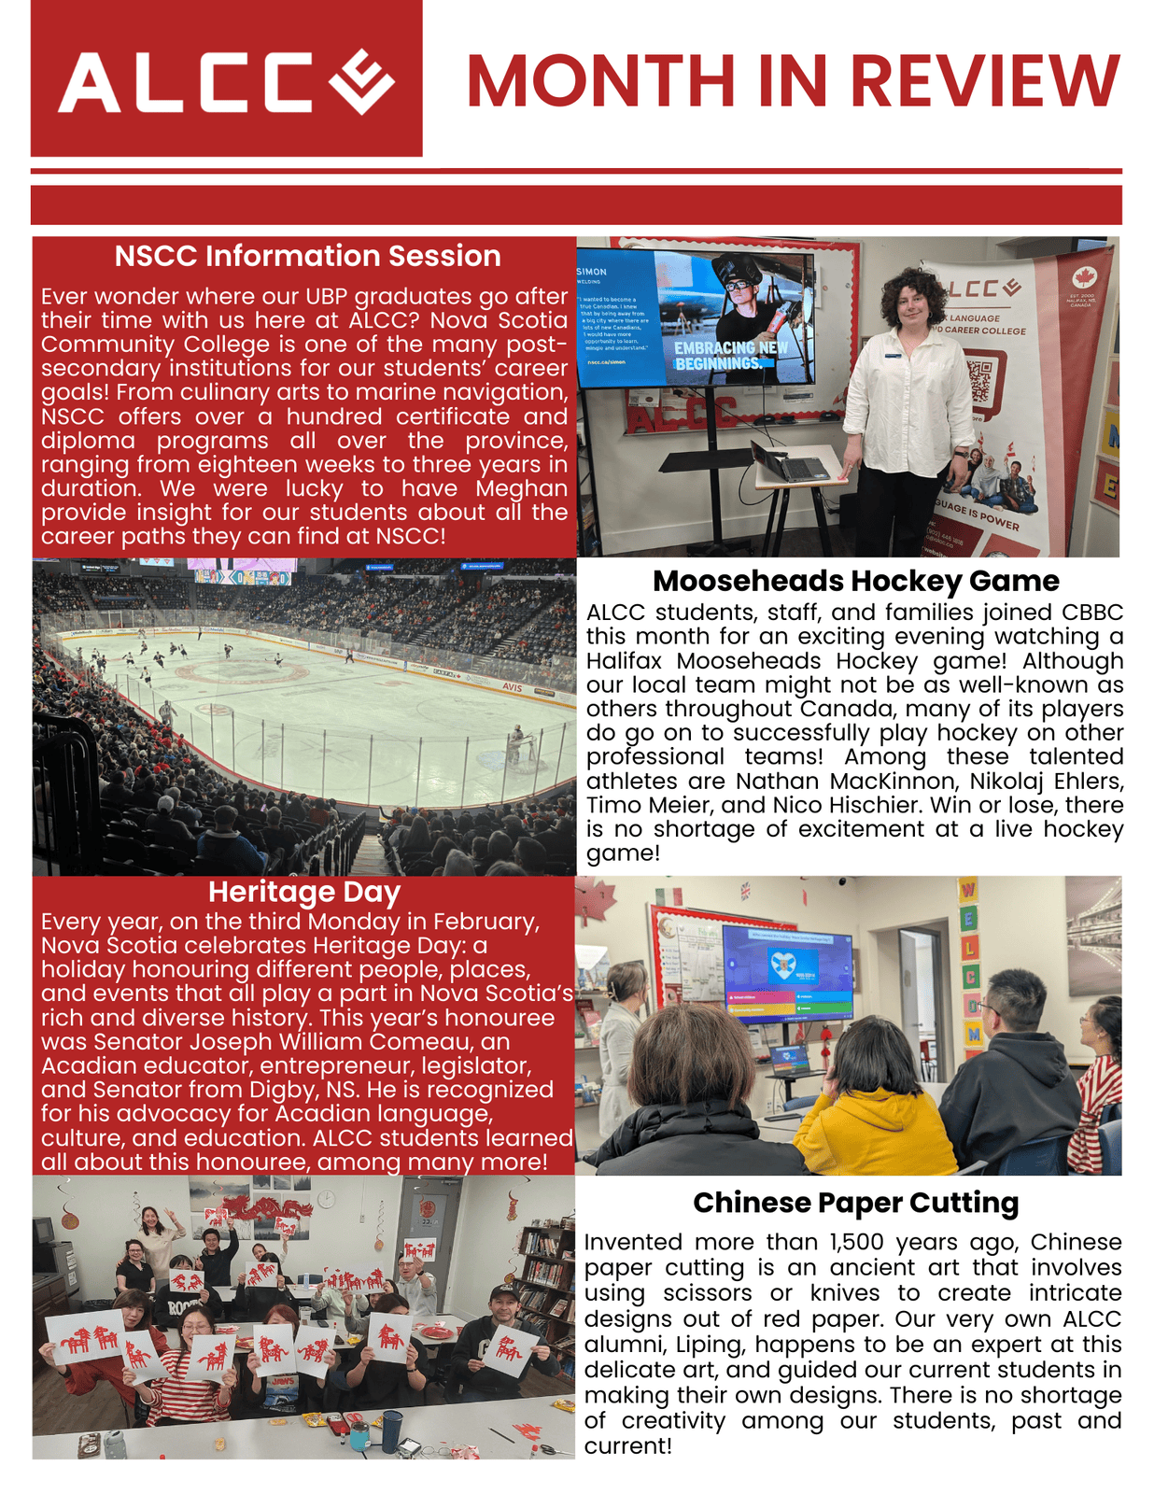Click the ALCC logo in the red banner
pos(226,81)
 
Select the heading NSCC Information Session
pos(307,256)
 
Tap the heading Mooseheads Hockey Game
pos(855,581)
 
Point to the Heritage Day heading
pos(304,892)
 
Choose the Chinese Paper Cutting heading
pos(855,1203)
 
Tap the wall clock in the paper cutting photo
pos(326,1198)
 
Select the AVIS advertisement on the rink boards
pos(513,686)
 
